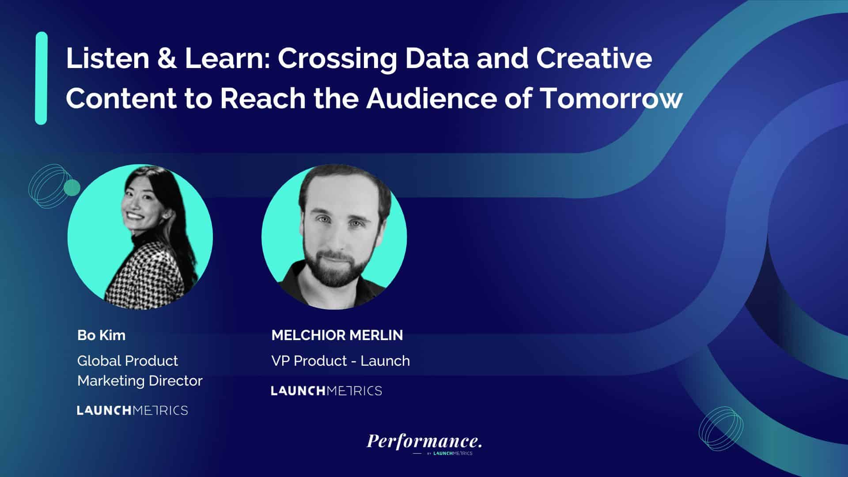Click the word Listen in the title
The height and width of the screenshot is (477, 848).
108,58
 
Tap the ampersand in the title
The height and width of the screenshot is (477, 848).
167,58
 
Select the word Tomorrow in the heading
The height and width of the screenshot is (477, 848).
612,98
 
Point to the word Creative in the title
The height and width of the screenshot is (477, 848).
594,58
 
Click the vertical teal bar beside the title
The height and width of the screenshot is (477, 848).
41,78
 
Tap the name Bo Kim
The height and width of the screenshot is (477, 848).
101,335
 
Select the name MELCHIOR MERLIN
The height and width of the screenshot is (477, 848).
337,335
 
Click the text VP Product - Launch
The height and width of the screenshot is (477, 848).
341,361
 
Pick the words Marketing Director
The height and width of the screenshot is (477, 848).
140,381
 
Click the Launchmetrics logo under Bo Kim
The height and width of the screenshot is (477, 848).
132,410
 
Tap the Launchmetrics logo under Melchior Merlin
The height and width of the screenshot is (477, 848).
326,390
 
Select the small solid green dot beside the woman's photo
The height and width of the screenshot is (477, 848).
72,188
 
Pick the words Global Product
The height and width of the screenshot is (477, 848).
128,361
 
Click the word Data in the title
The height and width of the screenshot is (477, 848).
436,58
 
